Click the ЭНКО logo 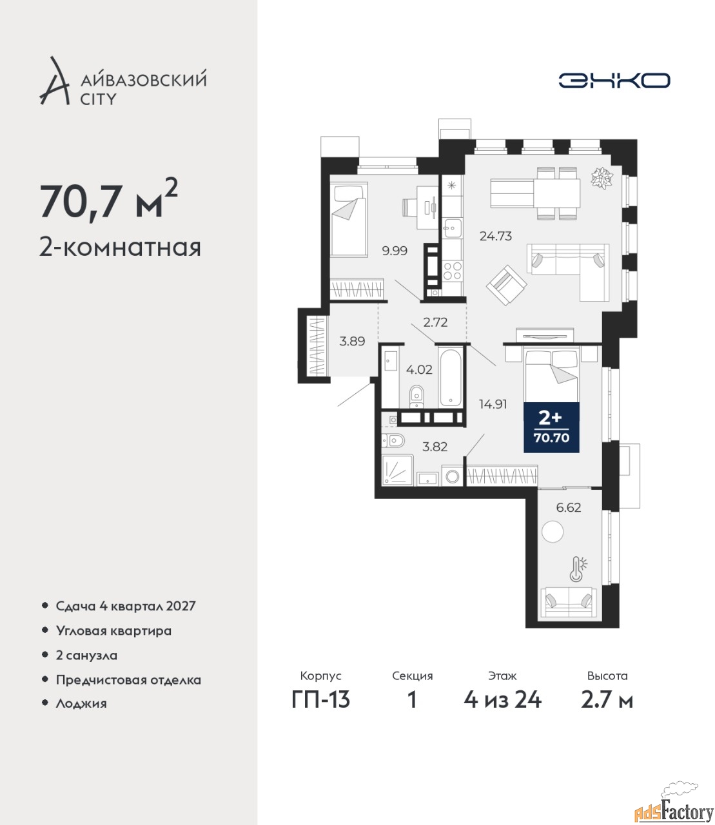pyautogui.click(x=614, y=80)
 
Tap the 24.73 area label pyautogui.click(x=495, y=237)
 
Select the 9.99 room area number pyautogui.click(x=395, y=251)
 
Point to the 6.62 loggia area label pyautogui.click(x=569, y=508)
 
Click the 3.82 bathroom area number pyautogui.click(x=435, y=447)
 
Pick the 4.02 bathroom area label pyautogui.click(x=419, y=369)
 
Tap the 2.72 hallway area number pyautogui.click(x=435, y=322)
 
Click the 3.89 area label pyautogui.click(x=352, y=341)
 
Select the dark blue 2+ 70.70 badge pyautogui.click(x=551, y=427)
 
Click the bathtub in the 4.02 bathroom pyautogui.click(x=450, y=378)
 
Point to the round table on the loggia pyautogui.click(x=553, y=532)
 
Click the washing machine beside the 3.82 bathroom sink pyautogui.click(x=453, y=476)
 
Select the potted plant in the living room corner pyautogui.click(x=602, y=178)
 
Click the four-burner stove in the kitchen pyautogui.click(x=453, y=271)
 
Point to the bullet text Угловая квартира pyautogui.click(x=113, y=630)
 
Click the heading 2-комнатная pyautogui.click(x=120, y=247)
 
